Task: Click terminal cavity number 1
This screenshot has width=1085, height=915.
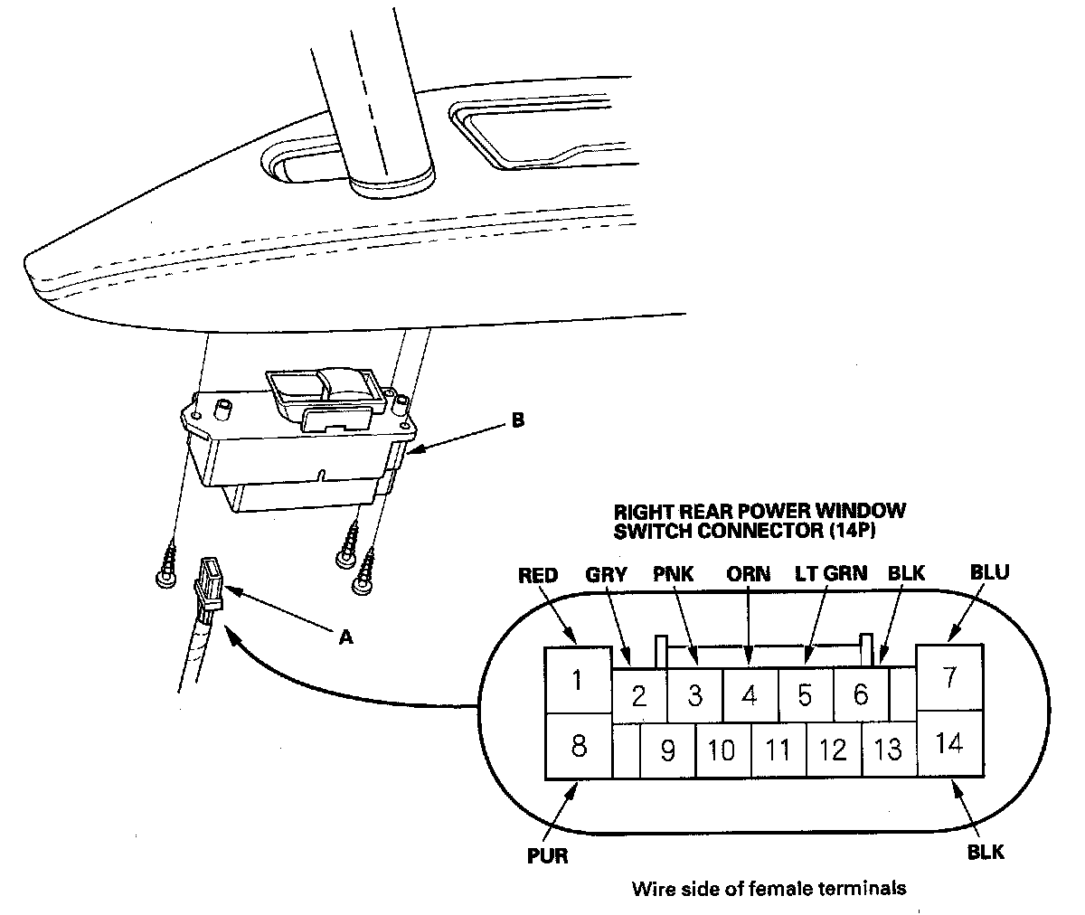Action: (x=578, y=680)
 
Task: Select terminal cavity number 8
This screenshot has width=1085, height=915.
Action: (x=578, y=746)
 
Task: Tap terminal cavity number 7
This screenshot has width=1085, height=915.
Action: (x=949, y=677)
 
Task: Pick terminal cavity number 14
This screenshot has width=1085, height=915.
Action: (x=949, y=744)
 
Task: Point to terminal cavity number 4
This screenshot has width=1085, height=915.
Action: (x=749, y=695)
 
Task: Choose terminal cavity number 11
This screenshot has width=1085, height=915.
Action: (x=778, y=750)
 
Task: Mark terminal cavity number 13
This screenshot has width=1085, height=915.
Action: (x=889, y=750)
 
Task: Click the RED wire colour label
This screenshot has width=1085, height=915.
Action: (x=538, y=575)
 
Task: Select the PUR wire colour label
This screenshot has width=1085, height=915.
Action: (x=548, y=855)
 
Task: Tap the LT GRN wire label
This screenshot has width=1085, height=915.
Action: (x=831, y=573)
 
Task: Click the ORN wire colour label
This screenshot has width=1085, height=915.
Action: (x=749, y=573)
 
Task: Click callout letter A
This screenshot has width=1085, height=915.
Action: (x=344, y=637)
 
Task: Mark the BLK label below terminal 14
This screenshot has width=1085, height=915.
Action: (x=985, y=852)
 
